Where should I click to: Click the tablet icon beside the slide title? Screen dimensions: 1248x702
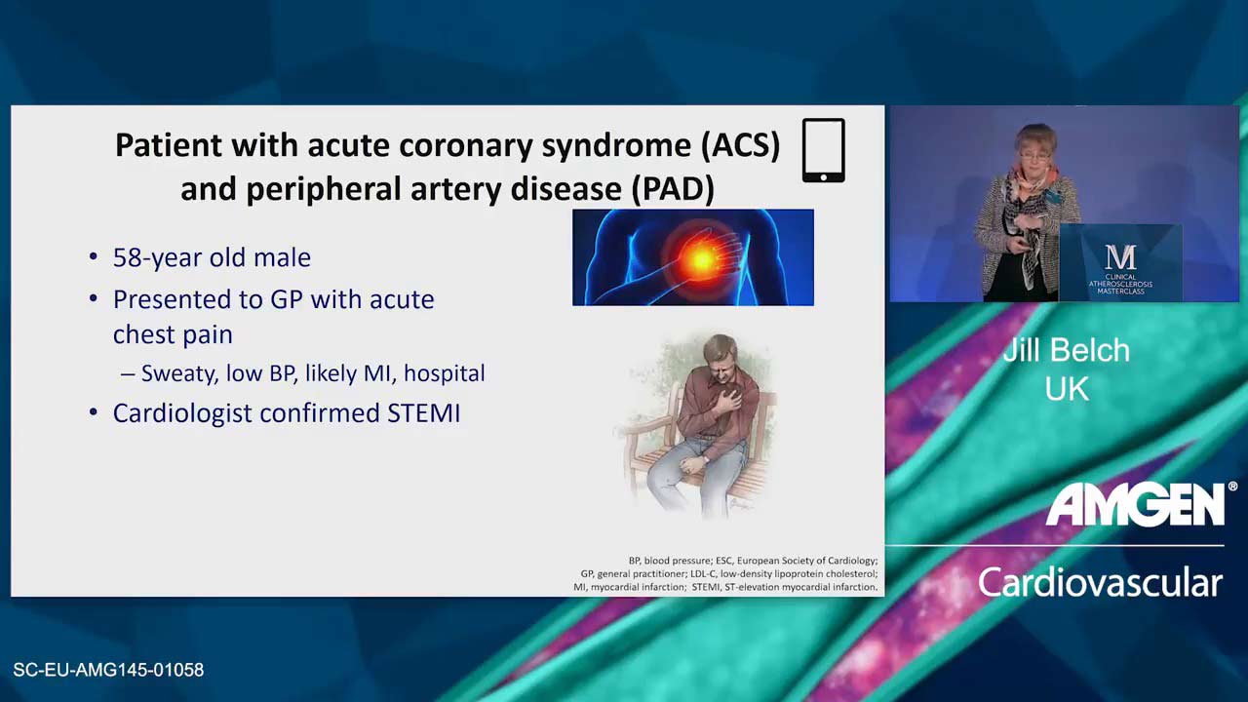tap(824, 150)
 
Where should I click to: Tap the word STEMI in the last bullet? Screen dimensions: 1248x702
tap(424, 413)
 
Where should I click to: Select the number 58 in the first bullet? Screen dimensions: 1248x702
tap(126, 257)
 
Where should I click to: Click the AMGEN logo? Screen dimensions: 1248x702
tap(1137, 504)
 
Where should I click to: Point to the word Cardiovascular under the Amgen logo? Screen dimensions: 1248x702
tap(1101, 582)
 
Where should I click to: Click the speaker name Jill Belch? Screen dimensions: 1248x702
tap(1067, 350)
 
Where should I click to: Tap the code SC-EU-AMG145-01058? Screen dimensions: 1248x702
tap(108, 670)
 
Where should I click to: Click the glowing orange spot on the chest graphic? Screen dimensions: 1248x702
tap(701, 258)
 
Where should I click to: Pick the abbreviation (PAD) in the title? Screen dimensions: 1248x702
tap(673, 189)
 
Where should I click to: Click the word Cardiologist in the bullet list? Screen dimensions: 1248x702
tap(182, 414)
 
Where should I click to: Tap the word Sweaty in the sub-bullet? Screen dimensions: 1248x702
tap(179, 374)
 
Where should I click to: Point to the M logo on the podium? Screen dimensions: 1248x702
tap(1120, 256)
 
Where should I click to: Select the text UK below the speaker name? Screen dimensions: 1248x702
tap(1067, 389)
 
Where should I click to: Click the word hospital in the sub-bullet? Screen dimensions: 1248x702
tap(445, 373)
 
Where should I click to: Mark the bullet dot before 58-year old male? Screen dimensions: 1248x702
tap(93, 257)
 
